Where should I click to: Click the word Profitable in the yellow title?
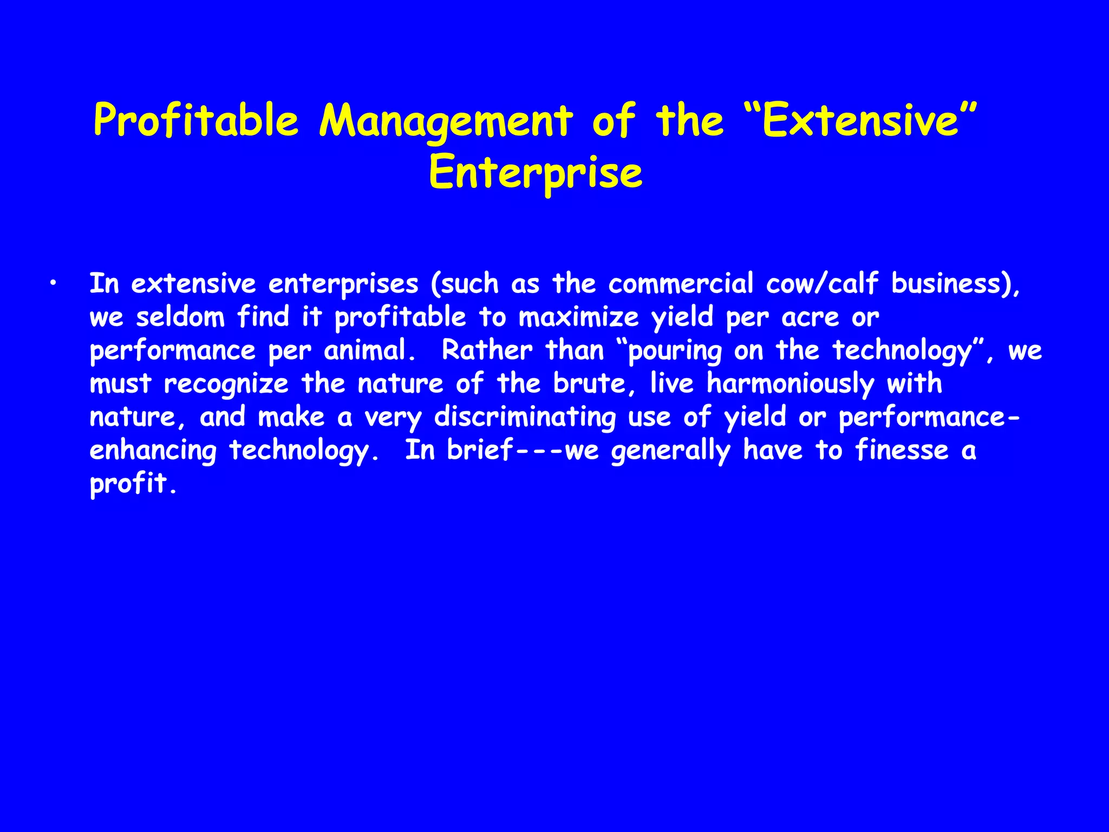click(x=196, y=120)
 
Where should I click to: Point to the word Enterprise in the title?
click(x=536, y=173)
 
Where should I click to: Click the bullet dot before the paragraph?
click(x=53, y=283)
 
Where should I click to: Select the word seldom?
click(x=180, y=317)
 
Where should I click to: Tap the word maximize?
click(x=579, y=317)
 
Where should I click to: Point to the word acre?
click(x=810, y=317)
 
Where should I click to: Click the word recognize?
click(x=226, y=384)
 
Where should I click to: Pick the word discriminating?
click(x=525, y=417)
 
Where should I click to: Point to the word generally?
click(x=671, y=451)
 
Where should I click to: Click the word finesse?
click(x=902, y=450)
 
